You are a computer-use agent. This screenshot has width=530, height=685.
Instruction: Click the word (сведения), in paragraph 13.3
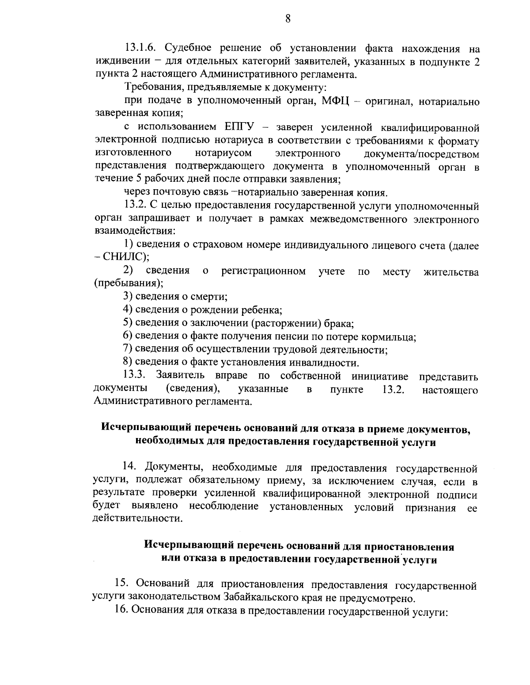193,389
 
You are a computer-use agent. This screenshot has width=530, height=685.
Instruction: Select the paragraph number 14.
129,467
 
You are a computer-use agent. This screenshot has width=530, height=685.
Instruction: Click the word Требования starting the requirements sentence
151,88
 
